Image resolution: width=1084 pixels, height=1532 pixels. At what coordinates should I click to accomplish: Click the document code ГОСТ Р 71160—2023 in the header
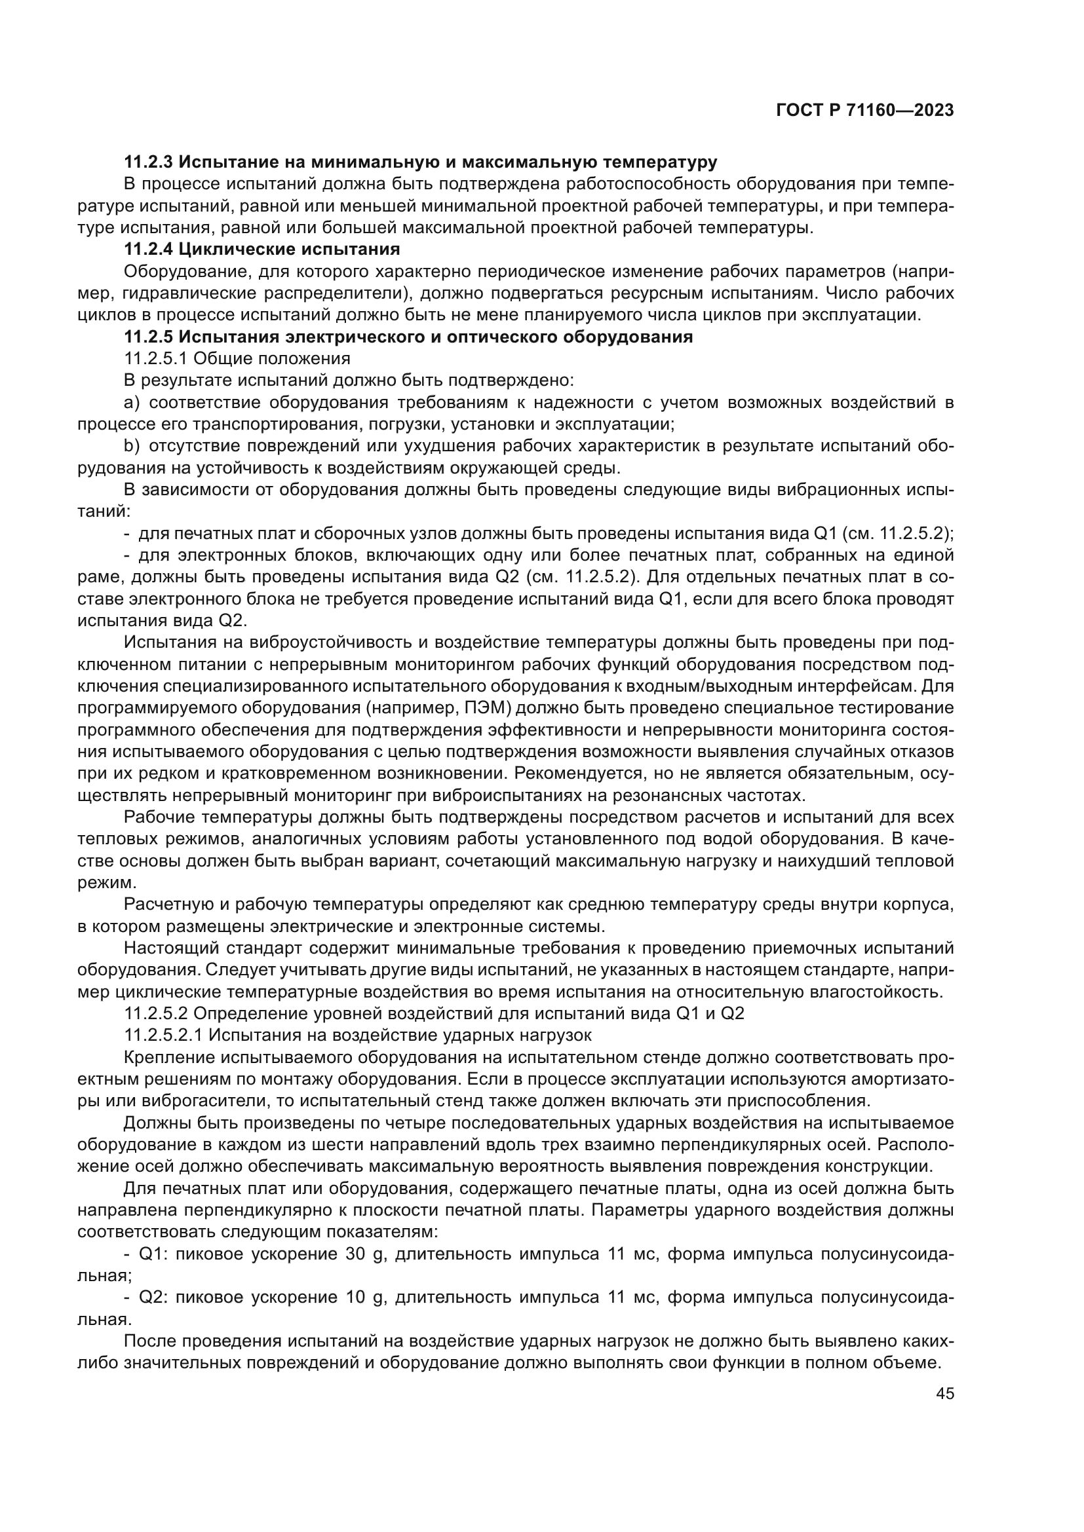865,111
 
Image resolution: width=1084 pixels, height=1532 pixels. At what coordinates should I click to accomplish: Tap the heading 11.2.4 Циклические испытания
262,250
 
